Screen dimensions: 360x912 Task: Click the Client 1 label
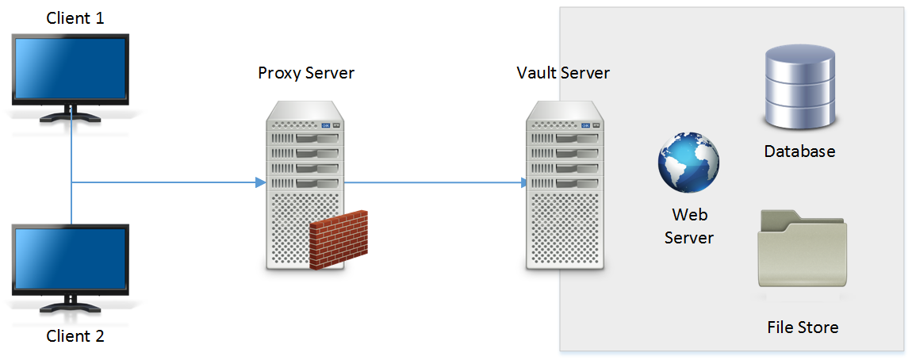point(75,17)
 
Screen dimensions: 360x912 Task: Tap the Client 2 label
point(75,335)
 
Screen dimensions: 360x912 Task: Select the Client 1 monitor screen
point(71,68)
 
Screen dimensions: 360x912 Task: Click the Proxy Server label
point(306,73)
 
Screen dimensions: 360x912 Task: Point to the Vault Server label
point(563,73)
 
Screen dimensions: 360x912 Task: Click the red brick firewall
point(339,240)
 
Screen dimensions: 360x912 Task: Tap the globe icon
point(688,163)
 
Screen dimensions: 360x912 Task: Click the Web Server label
point(689,226)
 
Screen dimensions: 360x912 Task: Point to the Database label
point(799,151)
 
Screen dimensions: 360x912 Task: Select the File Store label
point(803,327)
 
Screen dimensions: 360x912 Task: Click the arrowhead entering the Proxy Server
point(260,183)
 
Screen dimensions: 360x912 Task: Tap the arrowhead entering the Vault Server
point(523,183)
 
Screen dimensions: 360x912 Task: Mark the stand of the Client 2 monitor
point(71,305)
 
